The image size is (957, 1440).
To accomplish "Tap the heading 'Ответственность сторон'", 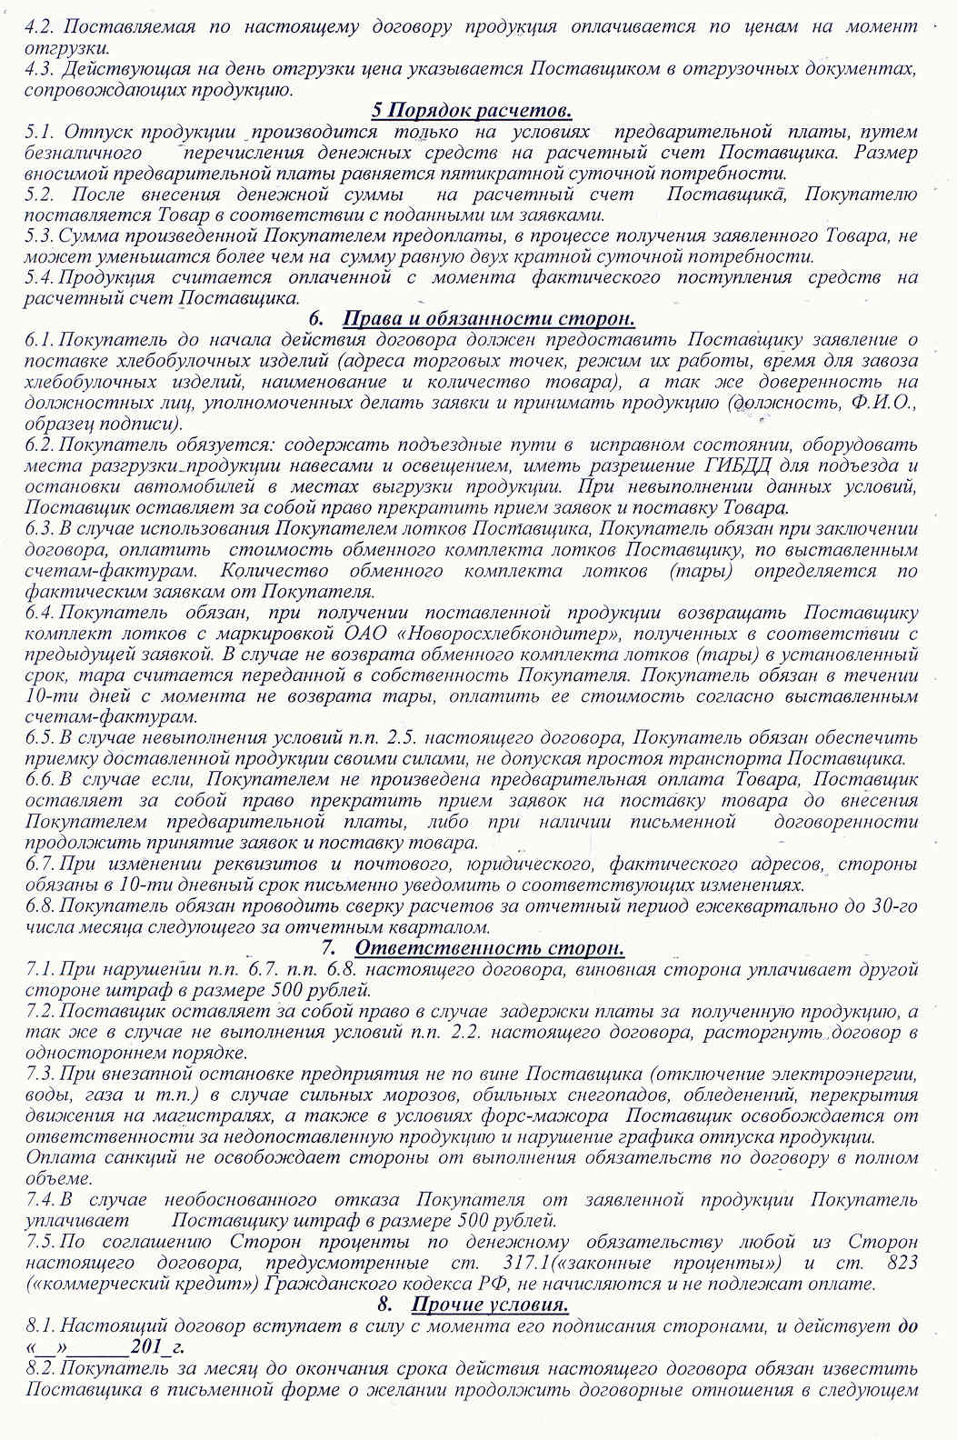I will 490,948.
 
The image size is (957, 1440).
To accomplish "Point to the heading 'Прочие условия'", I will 491,1305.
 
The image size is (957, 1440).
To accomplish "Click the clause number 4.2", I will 39,26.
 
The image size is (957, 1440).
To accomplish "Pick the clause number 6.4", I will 41,612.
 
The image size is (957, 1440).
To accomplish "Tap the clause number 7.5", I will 41,1242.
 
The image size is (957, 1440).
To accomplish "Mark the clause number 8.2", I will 41,1368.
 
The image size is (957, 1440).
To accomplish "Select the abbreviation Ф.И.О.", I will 886,403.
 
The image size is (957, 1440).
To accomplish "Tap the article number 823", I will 900,1263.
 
